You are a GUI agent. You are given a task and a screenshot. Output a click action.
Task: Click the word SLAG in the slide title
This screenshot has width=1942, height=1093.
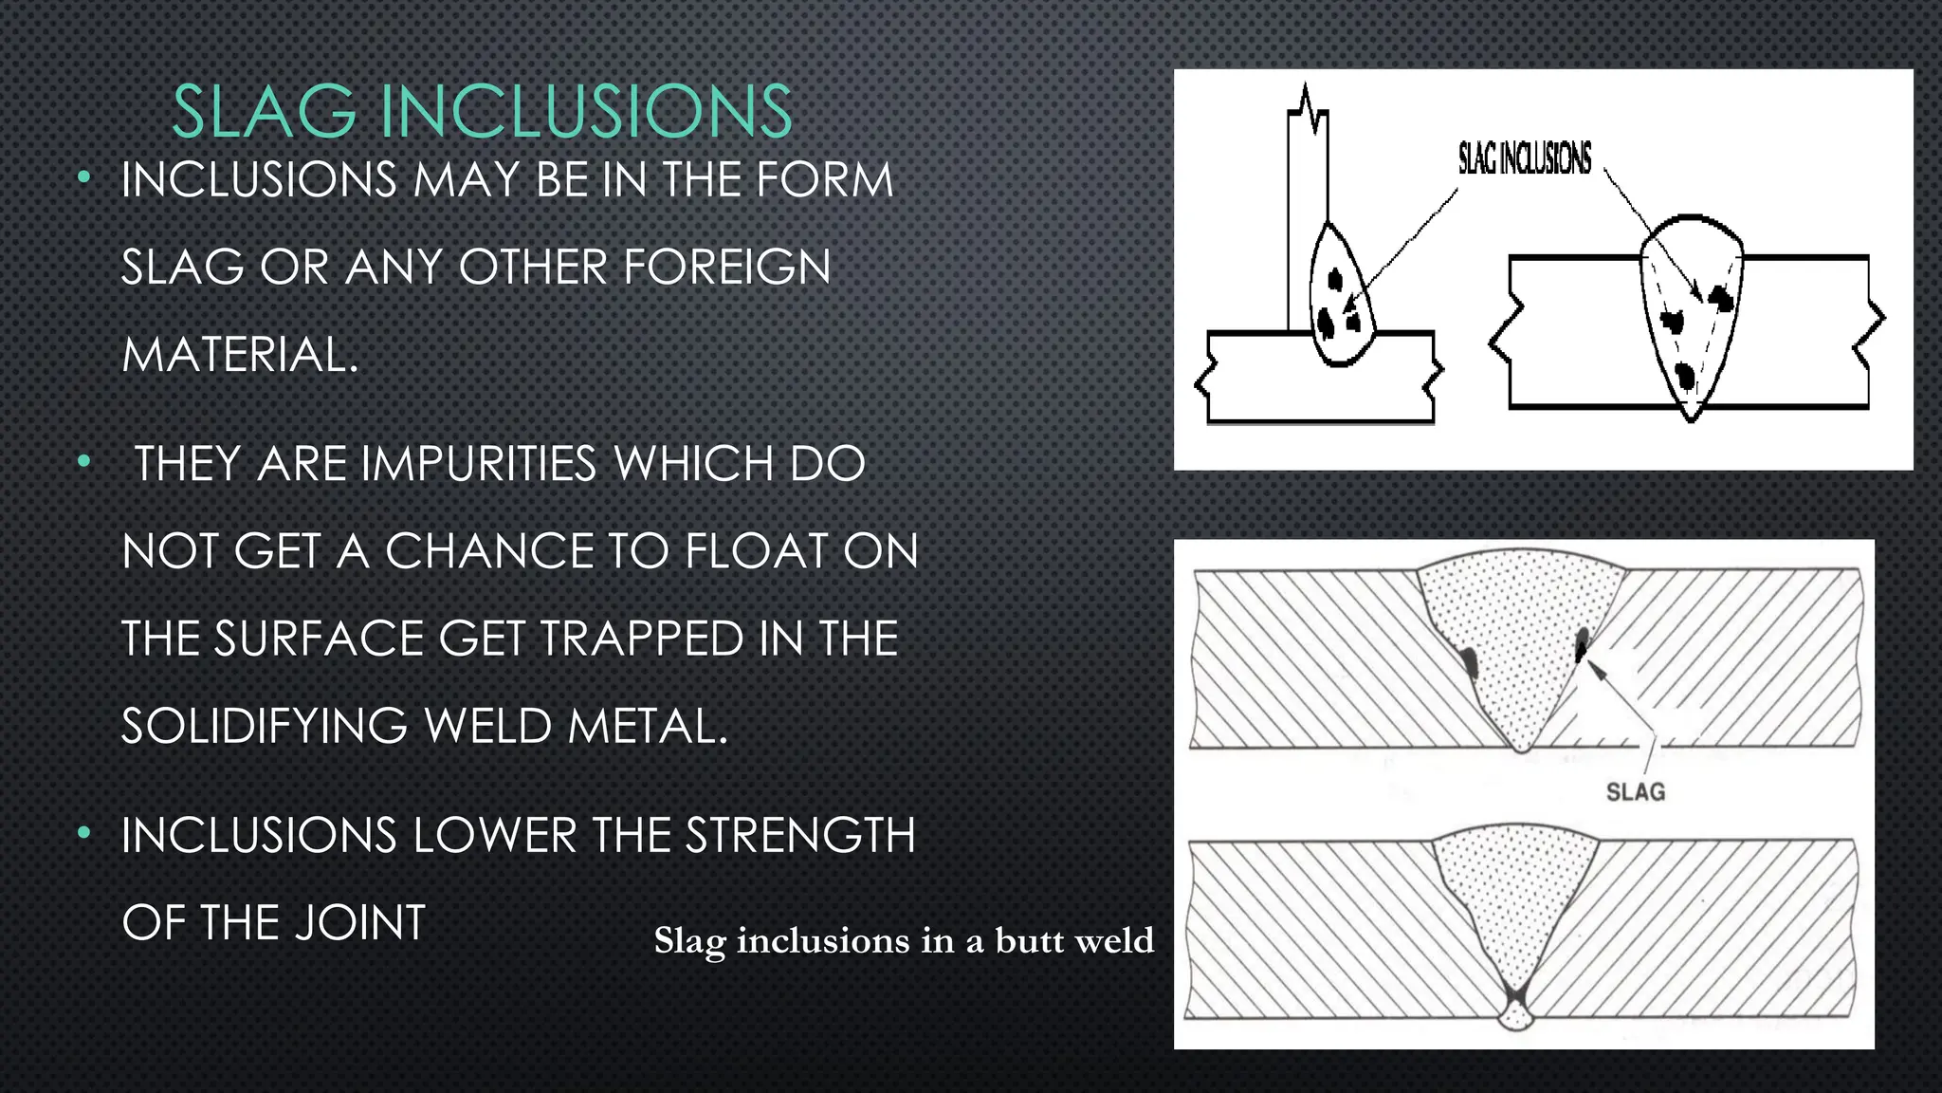tap(265, 112)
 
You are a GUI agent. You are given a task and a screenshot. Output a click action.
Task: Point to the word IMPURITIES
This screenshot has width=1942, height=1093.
tap(479, 465)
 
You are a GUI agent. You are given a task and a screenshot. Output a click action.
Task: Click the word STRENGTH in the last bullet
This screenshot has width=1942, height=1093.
tap(800, 837)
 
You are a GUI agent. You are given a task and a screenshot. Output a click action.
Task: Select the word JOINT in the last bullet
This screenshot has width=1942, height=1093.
tap(360, 923)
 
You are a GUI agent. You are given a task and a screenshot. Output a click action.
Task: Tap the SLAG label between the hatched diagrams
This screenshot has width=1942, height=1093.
tap(1635, 791)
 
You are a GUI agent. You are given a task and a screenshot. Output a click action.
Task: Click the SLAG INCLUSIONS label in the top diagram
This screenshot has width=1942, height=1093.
tap(1525, 158)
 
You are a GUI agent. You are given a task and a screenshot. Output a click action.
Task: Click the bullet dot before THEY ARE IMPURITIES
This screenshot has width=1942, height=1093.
tap(84, 463)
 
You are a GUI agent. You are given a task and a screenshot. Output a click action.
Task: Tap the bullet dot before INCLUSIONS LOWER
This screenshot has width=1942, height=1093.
tap(84, 834)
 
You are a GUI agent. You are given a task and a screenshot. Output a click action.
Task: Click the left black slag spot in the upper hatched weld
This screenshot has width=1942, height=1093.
tap(1469, 661)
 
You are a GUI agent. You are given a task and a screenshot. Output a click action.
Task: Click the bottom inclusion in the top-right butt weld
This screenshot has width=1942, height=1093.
tap(1686, 376)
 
